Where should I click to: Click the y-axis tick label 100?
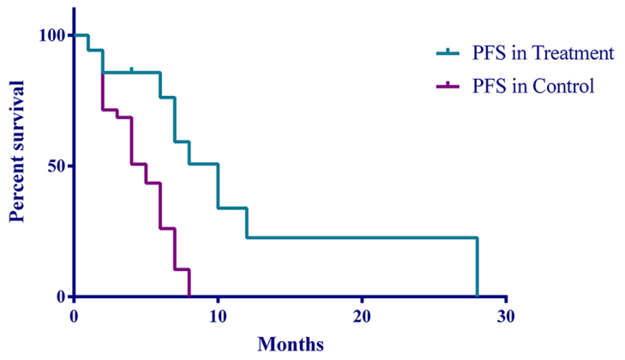pos(51,35)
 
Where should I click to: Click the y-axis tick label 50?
pos(57,165)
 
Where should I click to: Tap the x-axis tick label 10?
pos(218,315)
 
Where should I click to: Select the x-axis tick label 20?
pos(362,315)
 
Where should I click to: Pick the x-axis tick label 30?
pos(506,315)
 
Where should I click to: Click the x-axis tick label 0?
pos(75,315)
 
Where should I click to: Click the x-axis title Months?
pos(291,345)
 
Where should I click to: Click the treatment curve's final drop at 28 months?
pos(477,267)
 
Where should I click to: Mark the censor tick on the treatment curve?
pos(131,69)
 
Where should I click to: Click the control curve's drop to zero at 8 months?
pos(189,283)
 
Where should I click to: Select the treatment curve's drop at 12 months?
pos(247,222)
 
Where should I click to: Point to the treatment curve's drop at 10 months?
pos(218,185)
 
